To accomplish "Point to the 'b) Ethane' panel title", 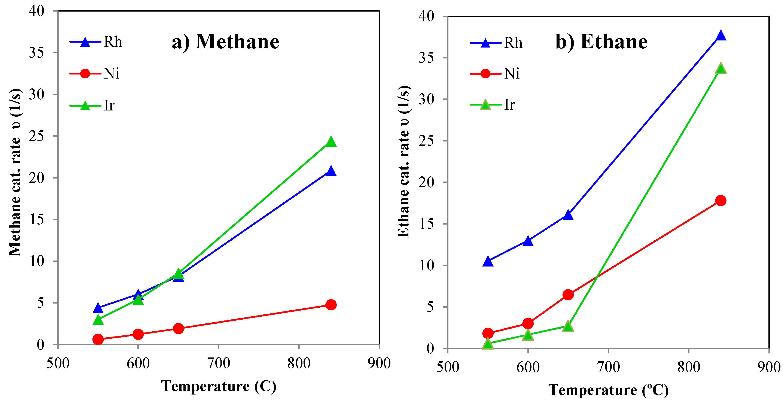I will [601, 42].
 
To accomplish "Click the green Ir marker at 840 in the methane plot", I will [331, 142].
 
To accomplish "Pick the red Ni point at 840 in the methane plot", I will [331, 305].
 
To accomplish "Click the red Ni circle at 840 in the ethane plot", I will [720, 200].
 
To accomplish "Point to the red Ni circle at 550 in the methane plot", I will [98, 339].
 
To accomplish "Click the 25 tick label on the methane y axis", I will [36, 136].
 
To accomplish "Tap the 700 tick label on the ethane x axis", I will [608, 367].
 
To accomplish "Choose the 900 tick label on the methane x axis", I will [379, 363].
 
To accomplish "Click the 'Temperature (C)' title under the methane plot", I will [219, 386].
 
